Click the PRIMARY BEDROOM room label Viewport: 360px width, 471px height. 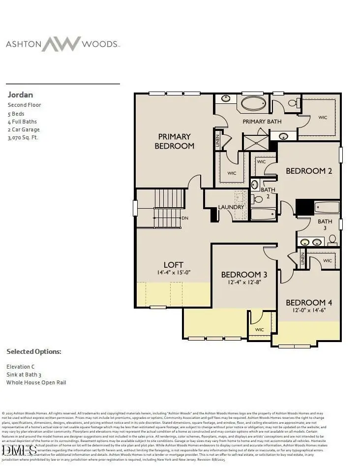pos(174,141)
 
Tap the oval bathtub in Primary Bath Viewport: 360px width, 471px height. pos(254,104)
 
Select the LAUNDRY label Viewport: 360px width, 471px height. pos(231,207)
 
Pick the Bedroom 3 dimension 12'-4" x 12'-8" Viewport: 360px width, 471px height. pos(244,283)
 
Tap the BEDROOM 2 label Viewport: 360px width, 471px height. pos(309,171)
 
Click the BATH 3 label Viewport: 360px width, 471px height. pos(325,225)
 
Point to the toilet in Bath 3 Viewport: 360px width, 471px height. pos(332,240)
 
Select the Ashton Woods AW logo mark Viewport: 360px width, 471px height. pos(60,44)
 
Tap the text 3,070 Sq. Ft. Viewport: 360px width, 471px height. pos(23,138)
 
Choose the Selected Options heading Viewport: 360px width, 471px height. pos(34,352)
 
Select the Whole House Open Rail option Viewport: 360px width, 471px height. pos(36,382)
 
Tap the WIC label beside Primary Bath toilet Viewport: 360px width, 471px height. pos(323,118)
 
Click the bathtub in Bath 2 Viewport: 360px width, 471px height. pos(263,214)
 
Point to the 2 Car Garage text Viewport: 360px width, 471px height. pos(24,129)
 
